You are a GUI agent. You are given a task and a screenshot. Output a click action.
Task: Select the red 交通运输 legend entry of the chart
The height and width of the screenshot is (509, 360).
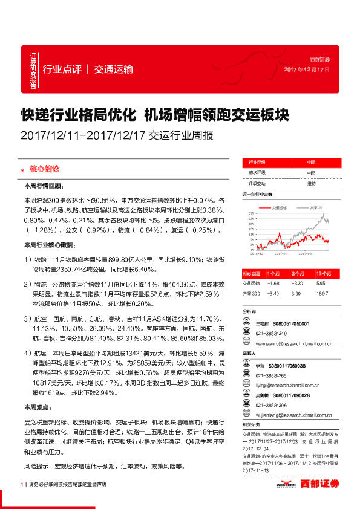279,207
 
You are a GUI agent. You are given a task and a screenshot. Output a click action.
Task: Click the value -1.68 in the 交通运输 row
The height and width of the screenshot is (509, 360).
275,283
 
